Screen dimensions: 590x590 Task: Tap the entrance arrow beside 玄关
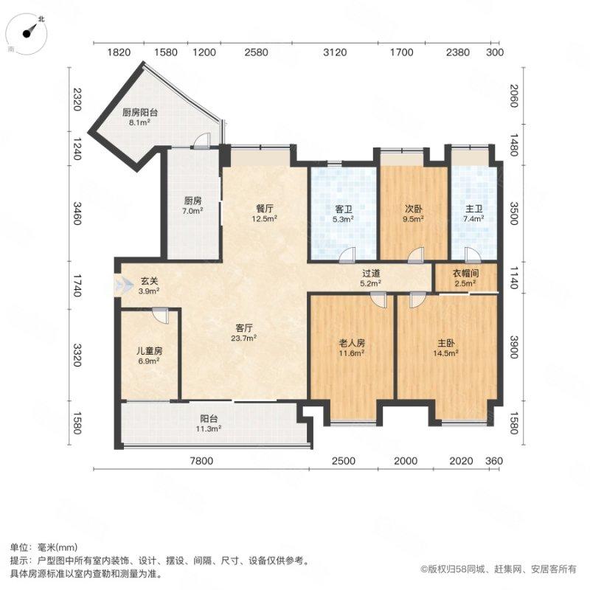(119, 285)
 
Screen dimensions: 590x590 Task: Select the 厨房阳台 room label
(140, 113)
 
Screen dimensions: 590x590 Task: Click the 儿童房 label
(148, 351)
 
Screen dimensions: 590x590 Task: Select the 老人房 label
(352, 342)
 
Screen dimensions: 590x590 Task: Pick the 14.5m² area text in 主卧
(446, 353)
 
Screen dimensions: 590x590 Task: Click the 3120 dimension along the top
(335, 52)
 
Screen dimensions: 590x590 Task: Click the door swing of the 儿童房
(161, 314)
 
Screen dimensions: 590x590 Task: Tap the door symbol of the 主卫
(472, 255)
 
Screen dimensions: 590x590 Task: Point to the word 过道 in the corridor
(370, 271)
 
